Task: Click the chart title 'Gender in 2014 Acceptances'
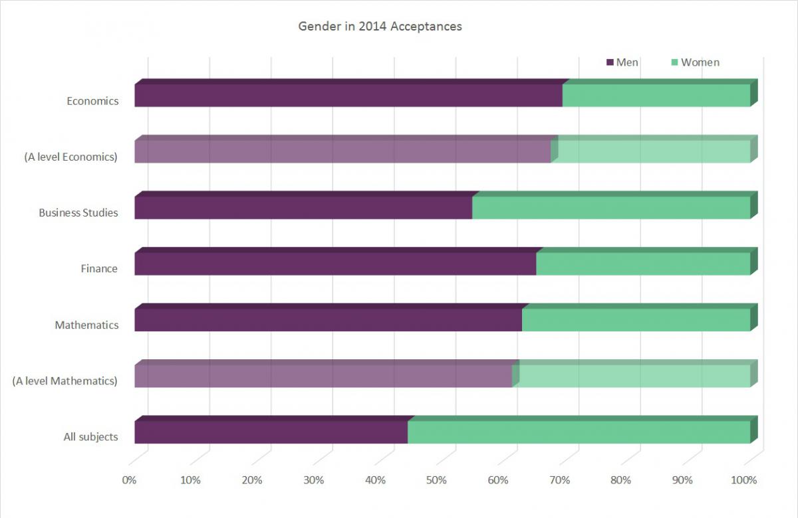[380, 27]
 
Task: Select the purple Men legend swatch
[610, 62]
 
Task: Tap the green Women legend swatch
[674, 62]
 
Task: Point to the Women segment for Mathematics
[636, 320]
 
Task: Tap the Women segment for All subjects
[579, 432]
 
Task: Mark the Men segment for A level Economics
[342, 151]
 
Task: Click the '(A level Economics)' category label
[70, 157]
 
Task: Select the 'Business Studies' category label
[78, 213]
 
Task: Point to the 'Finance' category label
[99, 269]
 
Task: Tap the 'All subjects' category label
[90, 437]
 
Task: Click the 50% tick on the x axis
[436, 480]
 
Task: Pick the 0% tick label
[129, 480]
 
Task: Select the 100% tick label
[743, 480]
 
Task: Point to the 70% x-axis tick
[559, 480]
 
